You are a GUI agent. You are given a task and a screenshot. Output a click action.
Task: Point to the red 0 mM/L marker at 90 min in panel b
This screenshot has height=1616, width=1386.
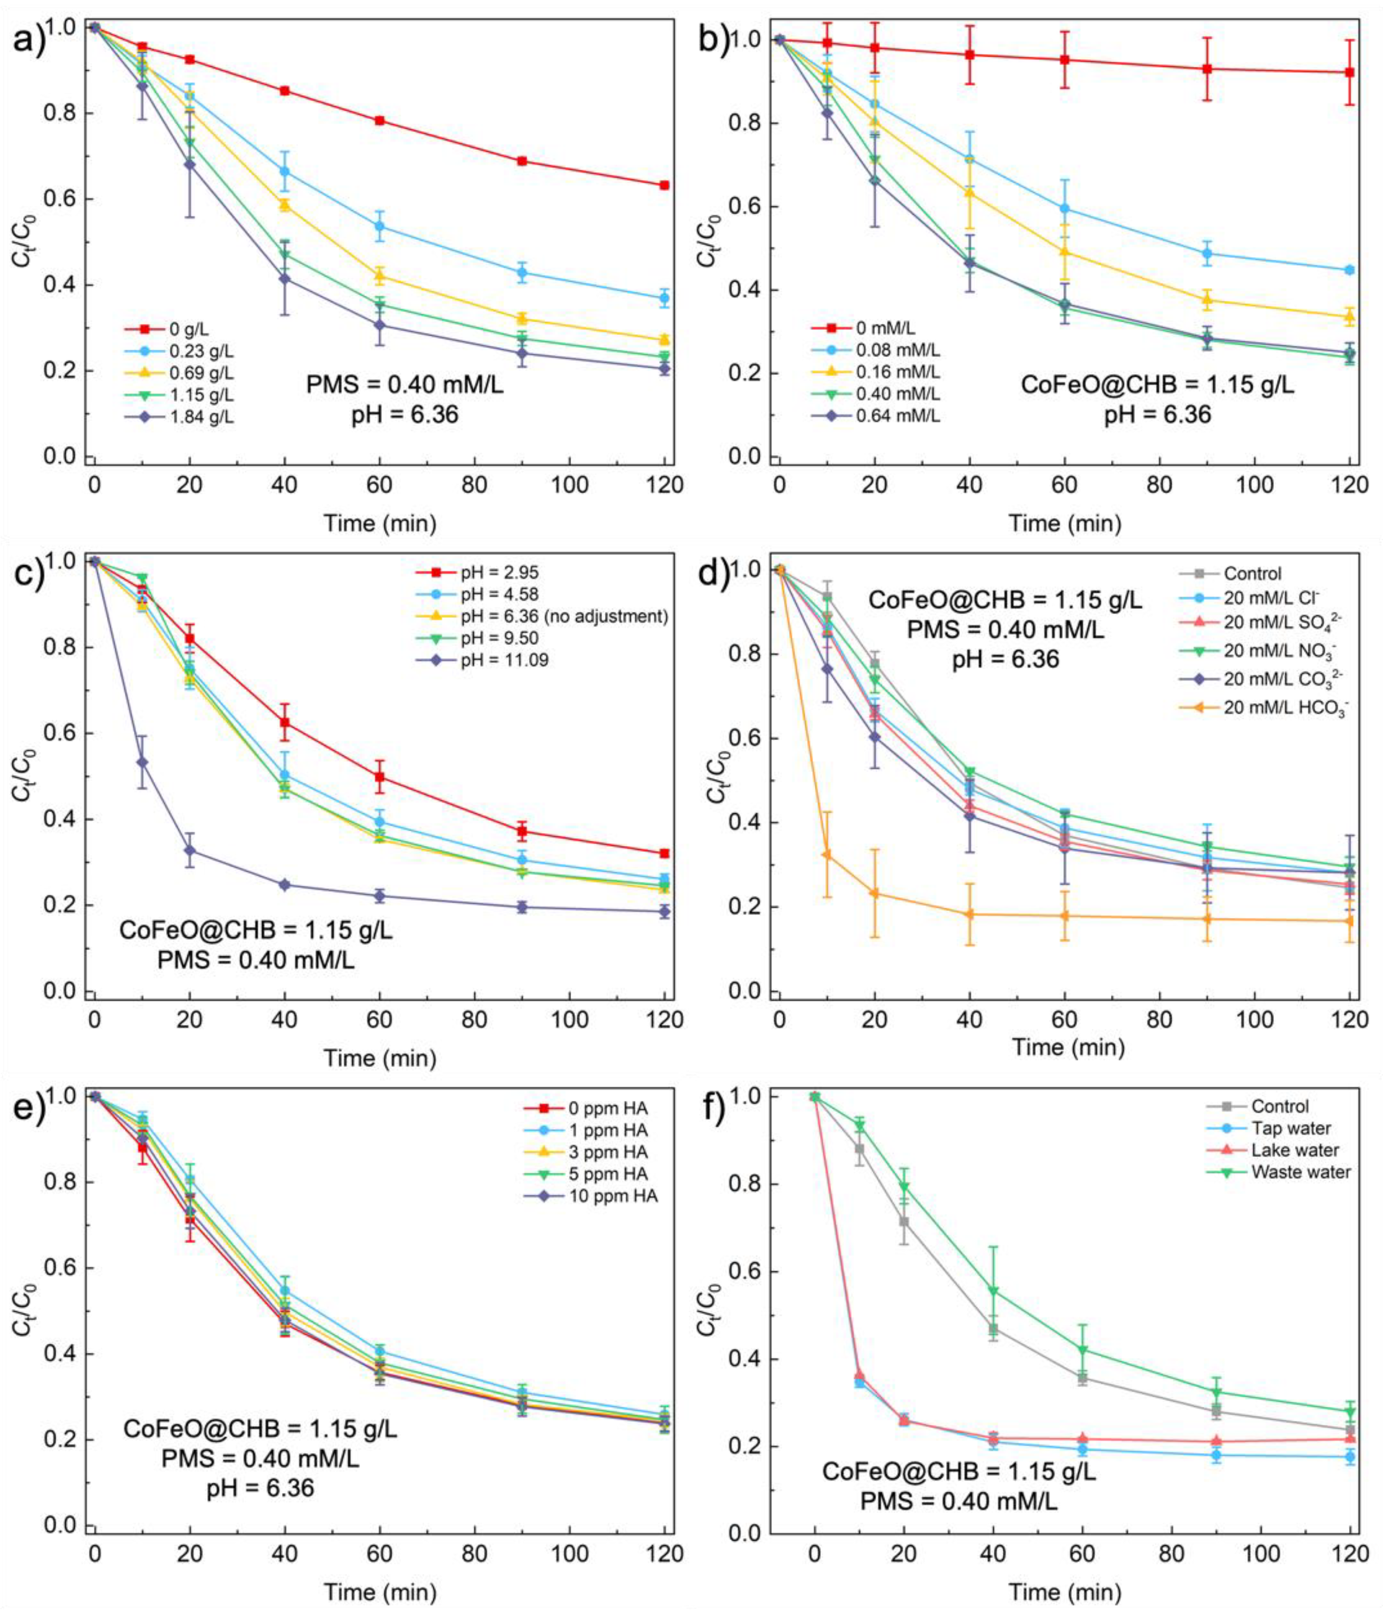[x=1207, y=69]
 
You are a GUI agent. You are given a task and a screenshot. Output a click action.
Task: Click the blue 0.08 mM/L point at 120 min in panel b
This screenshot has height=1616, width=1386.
[x=1349, y=270]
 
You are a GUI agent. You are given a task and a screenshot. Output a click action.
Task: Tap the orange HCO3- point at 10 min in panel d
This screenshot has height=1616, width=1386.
[x=827, y=855]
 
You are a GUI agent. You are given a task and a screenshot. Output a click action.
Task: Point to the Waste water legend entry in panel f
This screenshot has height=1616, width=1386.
[x=1300, y=1172]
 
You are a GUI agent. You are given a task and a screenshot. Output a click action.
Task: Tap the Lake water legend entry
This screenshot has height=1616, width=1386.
[x=1295, y=1150]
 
